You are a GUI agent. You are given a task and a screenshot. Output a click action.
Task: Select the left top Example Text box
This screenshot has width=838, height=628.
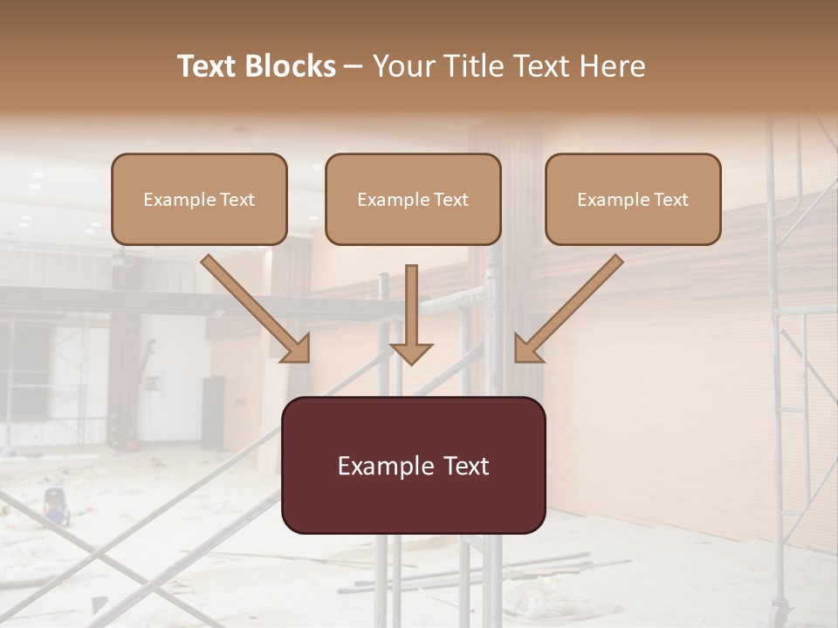199,199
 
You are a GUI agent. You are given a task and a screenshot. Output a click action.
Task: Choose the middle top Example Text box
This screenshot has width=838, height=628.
413,199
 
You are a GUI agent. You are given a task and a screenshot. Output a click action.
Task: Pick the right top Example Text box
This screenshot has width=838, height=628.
633,199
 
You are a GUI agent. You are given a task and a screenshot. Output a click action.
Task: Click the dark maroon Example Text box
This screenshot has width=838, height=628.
413,465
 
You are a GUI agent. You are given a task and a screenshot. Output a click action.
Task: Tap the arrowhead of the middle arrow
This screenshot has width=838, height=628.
411,352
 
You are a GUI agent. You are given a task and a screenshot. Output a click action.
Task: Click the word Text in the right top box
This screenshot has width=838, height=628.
670,200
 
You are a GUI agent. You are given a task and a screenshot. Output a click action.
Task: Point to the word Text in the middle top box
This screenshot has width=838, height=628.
450,200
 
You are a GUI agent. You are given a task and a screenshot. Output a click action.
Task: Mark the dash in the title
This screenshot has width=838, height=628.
354,66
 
